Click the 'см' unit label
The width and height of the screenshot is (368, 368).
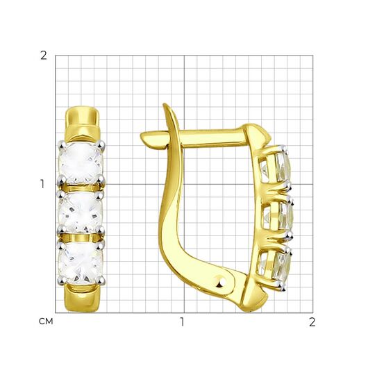[46, 321]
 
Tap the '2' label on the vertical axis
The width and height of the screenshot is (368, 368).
[44, 56]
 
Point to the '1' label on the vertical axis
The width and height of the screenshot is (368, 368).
[42, 184]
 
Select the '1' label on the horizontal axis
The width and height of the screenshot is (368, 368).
[182, 322]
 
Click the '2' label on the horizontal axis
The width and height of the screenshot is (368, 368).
[312, 322]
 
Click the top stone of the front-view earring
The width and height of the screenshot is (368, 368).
[81, 162]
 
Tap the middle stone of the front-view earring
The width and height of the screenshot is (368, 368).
[81, 212]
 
